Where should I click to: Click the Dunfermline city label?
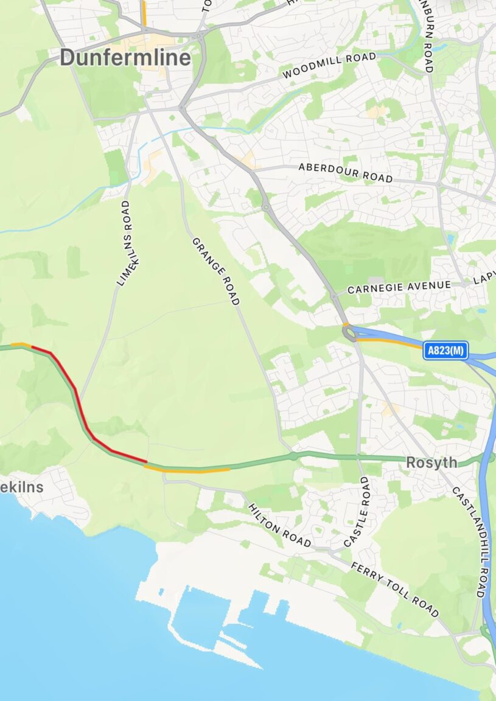(125, 58)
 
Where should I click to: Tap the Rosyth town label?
(431, 462)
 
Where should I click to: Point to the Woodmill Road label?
(329, 66)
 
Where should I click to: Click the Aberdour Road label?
(345, 172)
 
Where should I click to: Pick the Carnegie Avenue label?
(399, 287)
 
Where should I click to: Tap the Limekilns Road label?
(124, 243)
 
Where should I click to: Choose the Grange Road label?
(216, 271)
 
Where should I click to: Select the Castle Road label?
(357, 511)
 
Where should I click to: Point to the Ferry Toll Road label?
(394, 588)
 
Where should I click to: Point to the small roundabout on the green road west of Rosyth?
(293, 456)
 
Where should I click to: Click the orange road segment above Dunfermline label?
(144, 12)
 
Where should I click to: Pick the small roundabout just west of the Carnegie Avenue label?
(334, 296)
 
